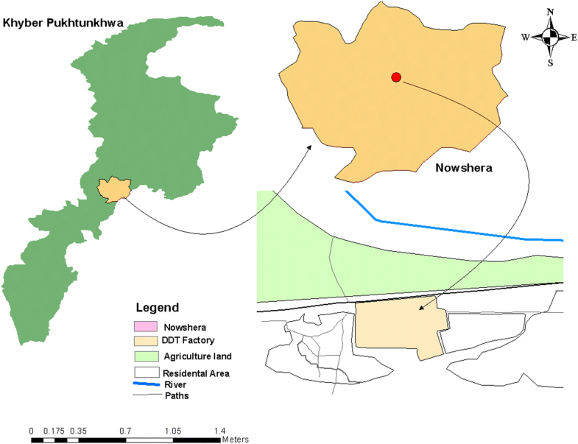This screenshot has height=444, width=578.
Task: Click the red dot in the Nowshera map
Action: coord(396,77)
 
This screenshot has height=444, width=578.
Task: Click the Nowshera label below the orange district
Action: coord(462,168)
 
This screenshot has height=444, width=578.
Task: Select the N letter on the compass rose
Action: coord(550,13)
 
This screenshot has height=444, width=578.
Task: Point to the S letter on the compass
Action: coord(550,63)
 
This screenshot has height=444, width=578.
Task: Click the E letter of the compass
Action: coord(574,38)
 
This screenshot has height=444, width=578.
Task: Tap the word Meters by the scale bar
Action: coord(236,440)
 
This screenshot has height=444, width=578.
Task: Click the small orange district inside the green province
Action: coord(113,189)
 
